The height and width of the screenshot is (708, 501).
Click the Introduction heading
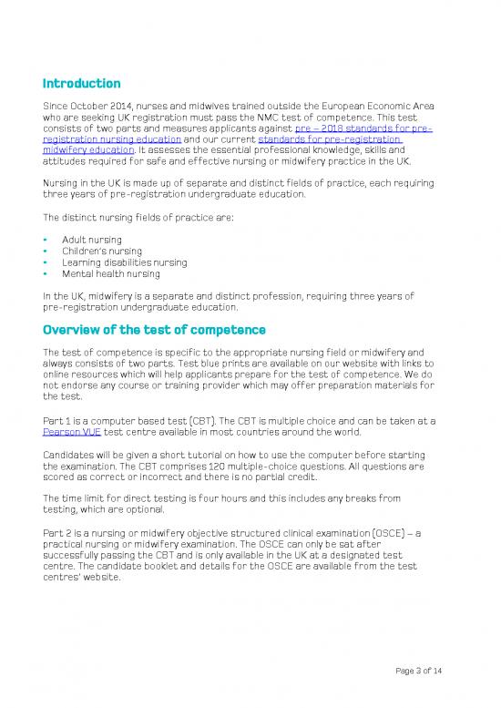(x=81, y=84)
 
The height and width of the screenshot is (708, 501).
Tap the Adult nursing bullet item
(x=93, y=239)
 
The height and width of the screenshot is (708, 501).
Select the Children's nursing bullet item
(x=102, y=251)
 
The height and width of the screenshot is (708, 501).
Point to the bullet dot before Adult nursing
(x=46, y=239)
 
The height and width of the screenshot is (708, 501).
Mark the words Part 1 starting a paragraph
(x=57, y=420)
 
